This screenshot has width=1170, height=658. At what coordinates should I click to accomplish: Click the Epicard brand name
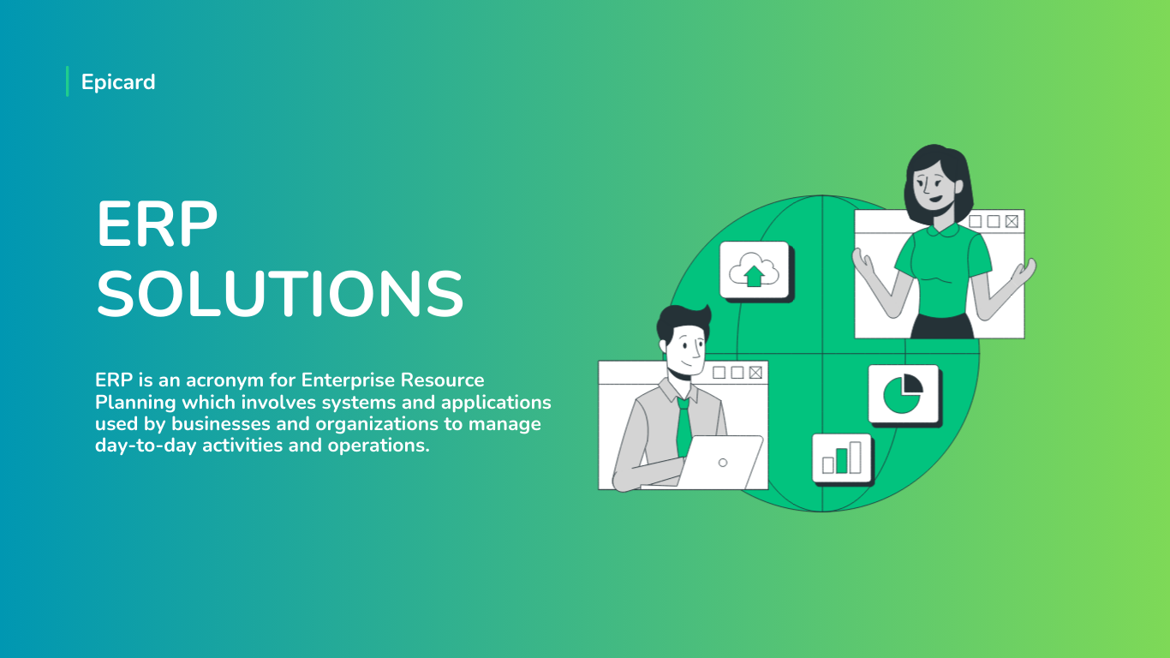118,82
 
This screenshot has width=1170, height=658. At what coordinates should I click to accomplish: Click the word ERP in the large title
157,224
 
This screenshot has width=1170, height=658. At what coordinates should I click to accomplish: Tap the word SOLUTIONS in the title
280,293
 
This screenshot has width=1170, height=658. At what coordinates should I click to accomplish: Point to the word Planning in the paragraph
135,403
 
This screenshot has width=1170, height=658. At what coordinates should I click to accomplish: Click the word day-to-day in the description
146,446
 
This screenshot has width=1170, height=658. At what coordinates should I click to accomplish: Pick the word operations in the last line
379,446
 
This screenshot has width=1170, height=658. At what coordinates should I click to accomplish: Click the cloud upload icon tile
755,271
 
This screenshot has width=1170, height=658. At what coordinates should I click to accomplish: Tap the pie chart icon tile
904,395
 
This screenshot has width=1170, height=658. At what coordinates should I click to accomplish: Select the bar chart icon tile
843,459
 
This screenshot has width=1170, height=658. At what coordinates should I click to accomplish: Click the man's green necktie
683,426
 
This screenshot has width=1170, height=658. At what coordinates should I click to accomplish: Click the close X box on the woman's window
1012,222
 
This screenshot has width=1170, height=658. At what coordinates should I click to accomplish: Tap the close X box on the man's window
755,373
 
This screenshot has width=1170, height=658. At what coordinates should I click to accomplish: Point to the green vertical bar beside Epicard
68,81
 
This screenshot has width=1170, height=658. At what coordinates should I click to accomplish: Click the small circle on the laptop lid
723,463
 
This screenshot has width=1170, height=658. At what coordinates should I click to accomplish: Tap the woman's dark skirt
942,326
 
